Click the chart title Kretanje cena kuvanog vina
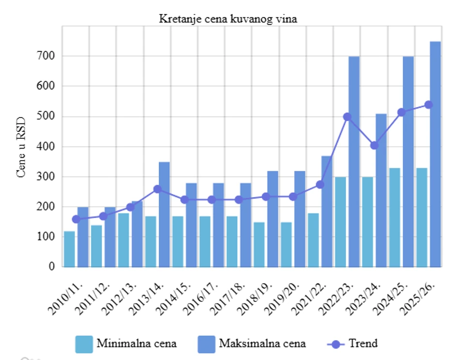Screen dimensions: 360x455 (x=227, y=19)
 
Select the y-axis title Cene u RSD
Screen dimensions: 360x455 (x=21, y=146)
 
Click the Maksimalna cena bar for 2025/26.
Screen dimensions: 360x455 (x=435, y=155)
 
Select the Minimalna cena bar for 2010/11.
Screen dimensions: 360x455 (x=70, y=249)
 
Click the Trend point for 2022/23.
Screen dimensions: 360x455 (x=347, y=117)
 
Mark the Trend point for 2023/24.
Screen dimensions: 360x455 (x=374, y=145)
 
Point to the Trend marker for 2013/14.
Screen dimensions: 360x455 (x=157, y=189)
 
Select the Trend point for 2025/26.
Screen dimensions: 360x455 (x=428, y=105)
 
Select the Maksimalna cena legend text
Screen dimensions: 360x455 (x=262, y=344)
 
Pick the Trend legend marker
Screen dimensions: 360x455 (x=338, y=344)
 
